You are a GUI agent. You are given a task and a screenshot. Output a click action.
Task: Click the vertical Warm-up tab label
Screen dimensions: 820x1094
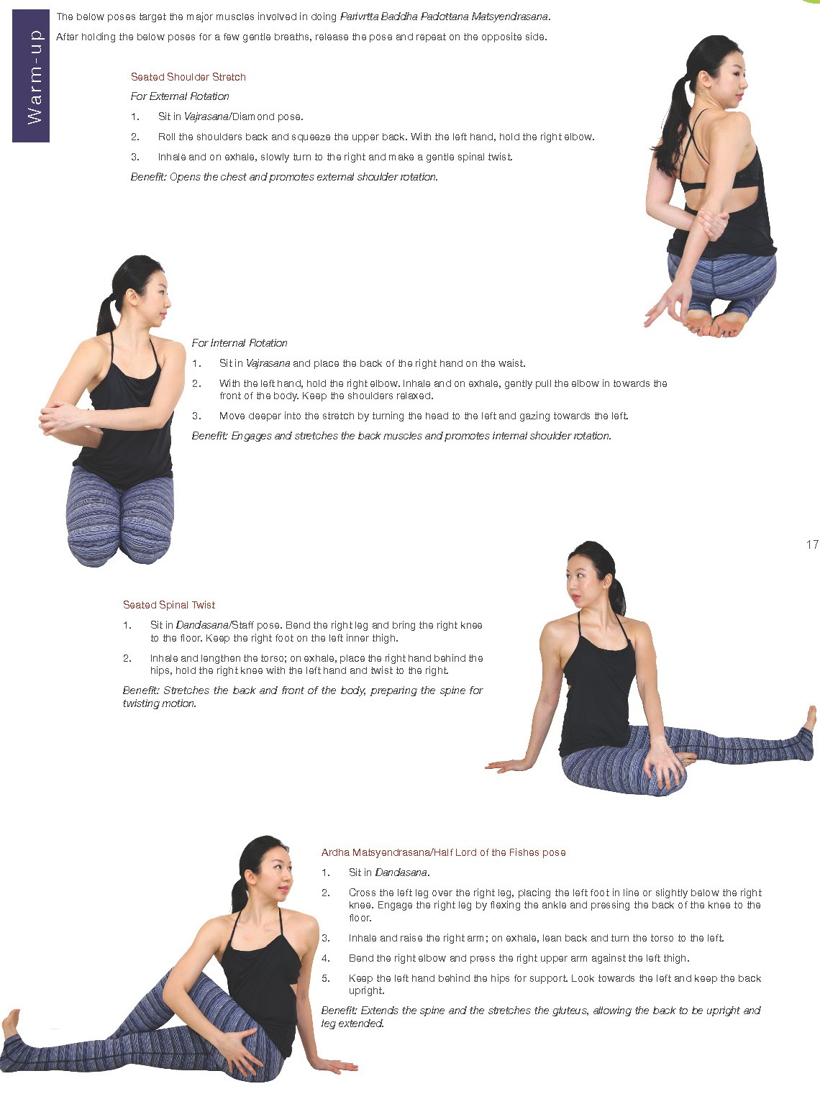pos(35,76)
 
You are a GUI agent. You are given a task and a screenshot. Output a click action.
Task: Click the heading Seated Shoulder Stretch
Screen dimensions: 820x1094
pos(188,77)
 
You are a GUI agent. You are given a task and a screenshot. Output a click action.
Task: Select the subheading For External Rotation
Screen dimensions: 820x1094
pos(180,96)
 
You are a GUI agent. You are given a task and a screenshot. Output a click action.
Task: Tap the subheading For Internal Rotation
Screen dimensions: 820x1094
pos(240,343)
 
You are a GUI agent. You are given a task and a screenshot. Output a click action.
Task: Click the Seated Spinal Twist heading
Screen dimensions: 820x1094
pos(169,605)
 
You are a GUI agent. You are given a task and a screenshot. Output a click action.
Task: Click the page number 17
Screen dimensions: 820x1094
pos(812,544)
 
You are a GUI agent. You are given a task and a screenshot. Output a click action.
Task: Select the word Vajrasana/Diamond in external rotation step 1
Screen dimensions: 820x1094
pos(229,117)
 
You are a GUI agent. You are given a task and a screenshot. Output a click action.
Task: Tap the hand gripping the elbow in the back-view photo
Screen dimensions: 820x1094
pos(712,224)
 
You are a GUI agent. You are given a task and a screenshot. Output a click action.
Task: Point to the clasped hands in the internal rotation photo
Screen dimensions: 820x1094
pos(59,418)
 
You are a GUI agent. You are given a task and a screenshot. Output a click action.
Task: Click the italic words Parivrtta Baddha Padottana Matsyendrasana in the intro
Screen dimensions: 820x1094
pos(444,17)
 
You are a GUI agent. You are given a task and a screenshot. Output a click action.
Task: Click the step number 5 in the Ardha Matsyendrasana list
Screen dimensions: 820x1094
pos(326,978)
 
